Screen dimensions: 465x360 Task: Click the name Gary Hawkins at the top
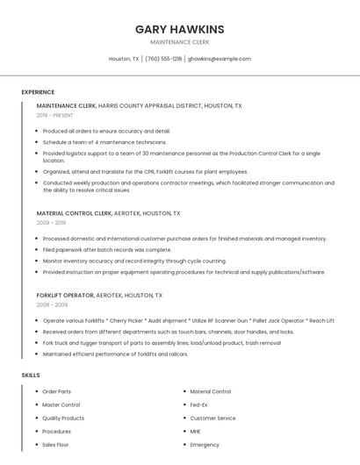179,29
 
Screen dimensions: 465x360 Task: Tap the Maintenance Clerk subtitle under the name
179,41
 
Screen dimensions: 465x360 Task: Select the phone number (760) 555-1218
163,59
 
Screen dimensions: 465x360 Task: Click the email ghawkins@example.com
220,59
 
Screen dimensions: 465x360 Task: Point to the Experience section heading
38,91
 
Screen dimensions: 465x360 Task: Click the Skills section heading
31,376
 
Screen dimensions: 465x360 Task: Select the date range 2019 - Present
54,115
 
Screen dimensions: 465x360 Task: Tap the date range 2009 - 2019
50,223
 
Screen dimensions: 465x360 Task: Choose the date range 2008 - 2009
50,305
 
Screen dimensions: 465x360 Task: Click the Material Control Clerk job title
75,213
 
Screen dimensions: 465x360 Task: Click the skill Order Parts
56,391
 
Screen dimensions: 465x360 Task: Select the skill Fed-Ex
198,404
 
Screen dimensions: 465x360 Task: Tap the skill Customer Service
212,418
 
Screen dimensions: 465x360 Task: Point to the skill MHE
195,432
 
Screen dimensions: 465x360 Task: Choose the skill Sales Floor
55,445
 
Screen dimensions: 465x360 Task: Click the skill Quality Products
63,418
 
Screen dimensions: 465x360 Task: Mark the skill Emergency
205,445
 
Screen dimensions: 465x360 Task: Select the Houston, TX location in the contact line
123,59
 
